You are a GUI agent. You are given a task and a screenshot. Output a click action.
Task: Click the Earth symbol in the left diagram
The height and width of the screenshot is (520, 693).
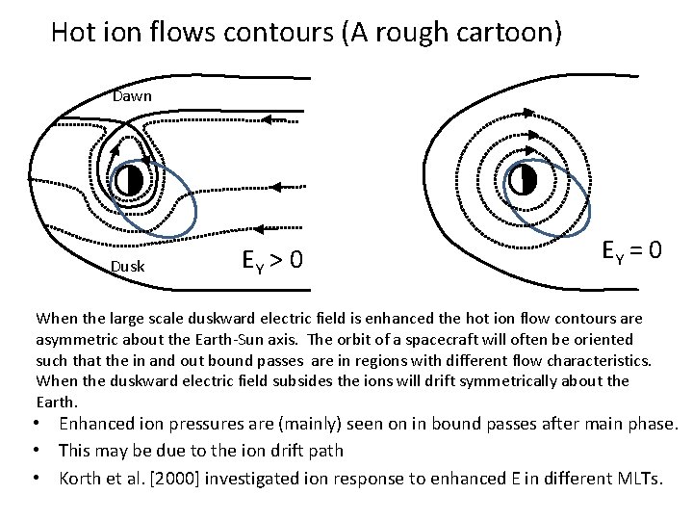point(129,180)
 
